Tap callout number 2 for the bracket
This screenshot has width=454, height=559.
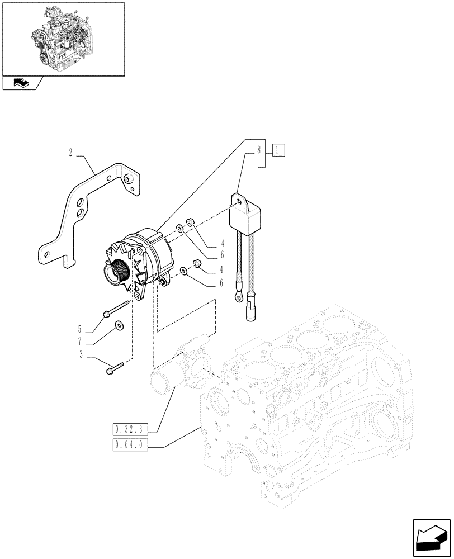pyautogui.click(x=70, y=152)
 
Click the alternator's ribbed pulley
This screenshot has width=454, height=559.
pyautogui.click(x=116, y=274)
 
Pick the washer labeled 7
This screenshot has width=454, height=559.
pyautogui.click(x=119, y=326)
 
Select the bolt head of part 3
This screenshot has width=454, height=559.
pyautogui.click(x=110, y=369)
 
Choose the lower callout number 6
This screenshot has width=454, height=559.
pyautogui.click(x=221, y=283)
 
